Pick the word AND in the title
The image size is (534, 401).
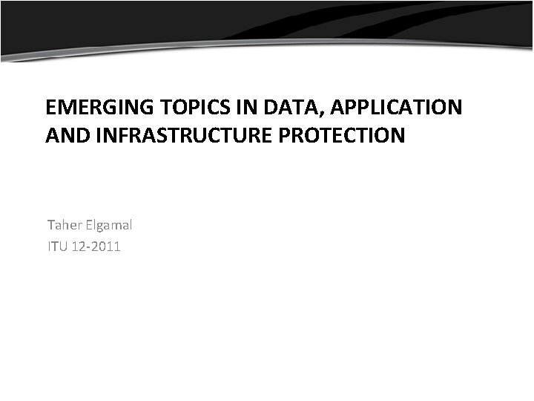pyautogui.click(x=64, y=137)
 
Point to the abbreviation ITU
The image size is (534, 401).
pyautogui.click(x=56, y=247)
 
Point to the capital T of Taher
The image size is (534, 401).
pyautogui.click(x=50, y=224)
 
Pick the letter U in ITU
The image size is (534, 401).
pyautogui.click(x=63, y=247)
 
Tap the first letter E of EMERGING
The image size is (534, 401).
pyautogui.click(x=51, y=108)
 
